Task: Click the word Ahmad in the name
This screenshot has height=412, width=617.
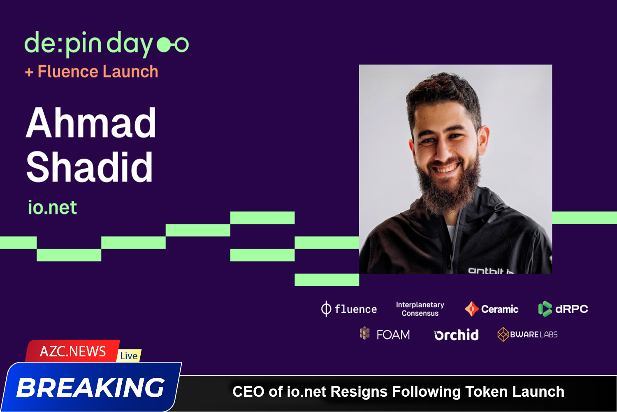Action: click(x=91, y=122)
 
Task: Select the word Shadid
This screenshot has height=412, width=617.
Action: click(x=90, y=166)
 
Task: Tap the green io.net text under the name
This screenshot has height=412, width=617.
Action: click(x=52, y=208)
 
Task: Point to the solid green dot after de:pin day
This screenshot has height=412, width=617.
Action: click(x=164, y=44)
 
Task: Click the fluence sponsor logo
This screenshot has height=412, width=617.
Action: click(x=349, y=309)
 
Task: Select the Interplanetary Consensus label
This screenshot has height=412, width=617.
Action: click(x=420, y=309)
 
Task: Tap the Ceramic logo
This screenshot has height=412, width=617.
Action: click(x=492, y=309)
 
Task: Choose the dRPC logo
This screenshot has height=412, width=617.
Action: click(x=563, y=309)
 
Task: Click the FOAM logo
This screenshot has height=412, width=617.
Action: click(x=385, y=334)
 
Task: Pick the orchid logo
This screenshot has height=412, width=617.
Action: click(x=456, y=335)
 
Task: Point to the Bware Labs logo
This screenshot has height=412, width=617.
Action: click(x=527, y=335)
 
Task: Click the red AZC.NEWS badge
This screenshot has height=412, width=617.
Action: click(x=73, y=351)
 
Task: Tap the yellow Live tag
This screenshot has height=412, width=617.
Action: click(x=129, y=356)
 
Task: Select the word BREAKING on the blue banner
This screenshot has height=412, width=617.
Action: click(x=91, y=388)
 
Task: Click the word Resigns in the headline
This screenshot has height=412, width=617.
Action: click(x=359, y=391)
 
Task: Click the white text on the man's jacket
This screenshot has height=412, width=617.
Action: click(x=490, y=270)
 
